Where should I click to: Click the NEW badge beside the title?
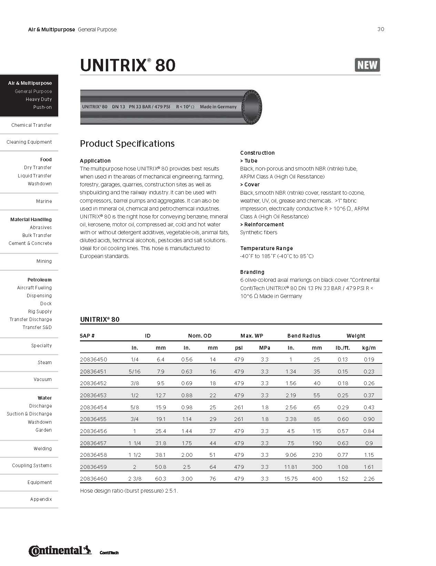pos(367,65)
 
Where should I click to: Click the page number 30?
pos(381,29)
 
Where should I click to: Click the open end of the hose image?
pos(252,106)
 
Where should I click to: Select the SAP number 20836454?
pos(93,407)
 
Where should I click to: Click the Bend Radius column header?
pos(304,336)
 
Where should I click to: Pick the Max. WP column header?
pos(252,336)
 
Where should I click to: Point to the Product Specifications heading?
pos(127,143)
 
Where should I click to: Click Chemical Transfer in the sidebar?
pos(31,125)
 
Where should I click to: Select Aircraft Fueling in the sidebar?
pos(34,288)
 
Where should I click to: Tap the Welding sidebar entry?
pos(42,449)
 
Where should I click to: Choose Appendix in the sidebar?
pos(41,499)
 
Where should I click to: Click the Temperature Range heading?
pos(266,248)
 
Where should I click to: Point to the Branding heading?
pos(252,272)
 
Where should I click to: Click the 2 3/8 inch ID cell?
pos(134,478)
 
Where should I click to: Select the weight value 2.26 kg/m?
pos(369,478)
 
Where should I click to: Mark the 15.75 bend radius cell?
pos(291,478)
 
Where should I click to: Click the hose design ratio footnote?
pos(129,491)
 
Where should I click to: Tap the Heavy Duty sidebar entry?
pos(39,99)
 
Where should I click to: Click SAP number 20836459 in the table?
pos(93,467)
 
